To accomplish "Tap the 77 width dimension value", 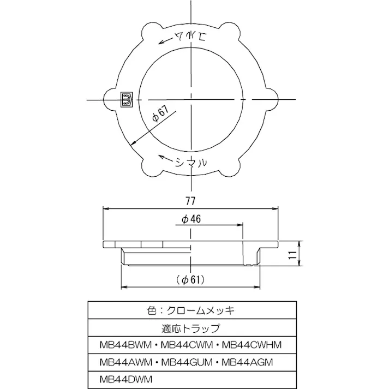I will click(x=190, y=200).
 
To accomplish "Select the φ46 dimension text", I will click(x=191, y=219).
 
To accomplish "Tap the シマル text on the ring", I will click(x=191, y=162).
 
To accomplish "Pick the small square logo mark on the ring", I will click(x=127, y=99).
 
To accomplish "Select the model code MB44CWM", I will click(x=187, y=345).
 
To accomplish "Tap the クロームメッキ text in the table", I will click(x=207, y=311).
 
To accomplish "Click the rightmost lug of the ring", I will click(x=273, y=99).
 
